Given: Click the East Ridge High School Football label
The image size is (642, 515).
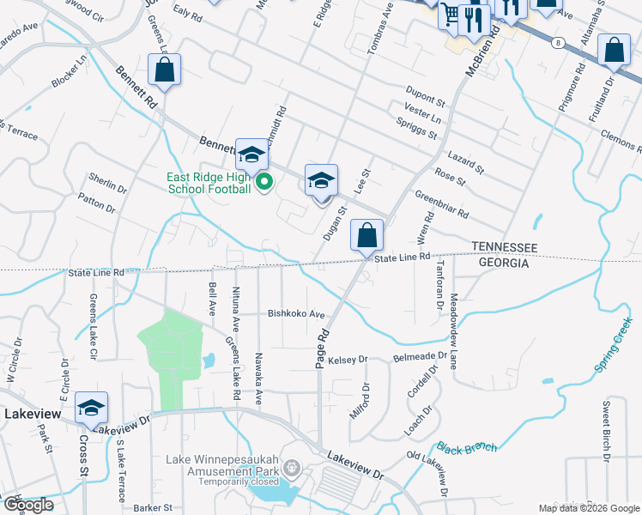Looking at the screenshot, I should [x=208, y=184].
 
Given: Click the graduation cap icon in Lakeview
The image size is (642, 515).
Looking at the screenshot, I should [x=92, y=409].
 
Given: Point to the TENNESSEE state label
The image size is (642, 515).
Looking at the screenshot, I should [x=504, y=247].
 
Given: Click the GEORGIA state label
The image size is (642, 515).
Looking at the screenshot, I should [x=499, y=264].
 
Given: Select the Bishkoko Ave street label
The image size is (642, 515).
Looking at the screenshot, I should [x=297, y=314].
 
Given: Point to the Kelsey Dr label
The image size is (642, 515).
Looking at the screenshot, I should [x=348, y=359].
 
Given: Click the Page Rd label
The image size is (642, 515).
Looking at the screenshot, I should [x=322, y=348].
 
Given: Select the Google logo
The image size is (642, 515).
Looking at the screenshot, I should [x=27, y=504].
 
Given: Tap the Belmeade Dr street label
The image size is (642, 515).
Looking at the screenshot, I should [x=420, y=355].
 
